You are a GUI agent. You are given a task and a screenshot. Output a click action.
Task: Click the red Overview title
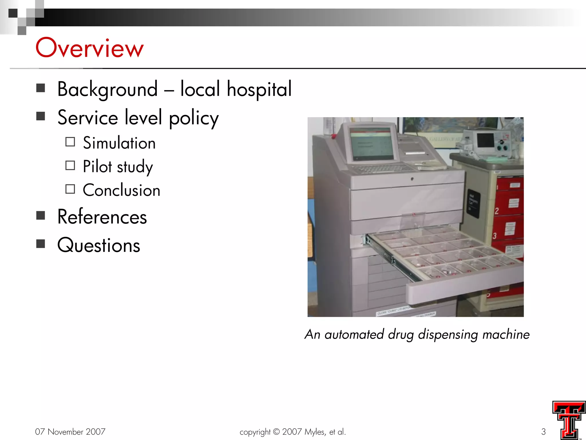[89, 48]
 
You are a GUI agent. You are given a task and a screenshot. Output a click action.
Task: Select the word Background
[107, 89]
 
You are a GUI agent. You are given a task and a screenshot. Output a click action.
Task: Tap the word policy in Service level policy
[194, 118]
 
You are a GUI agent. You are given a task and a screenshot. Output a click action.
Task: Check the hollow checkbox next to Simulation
[70, 142]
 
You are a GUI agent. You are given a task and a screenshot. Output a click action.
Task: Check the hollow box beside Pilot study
[70, 166]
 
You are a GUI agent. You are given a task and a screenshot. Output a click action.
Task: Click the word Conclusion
[121, 190]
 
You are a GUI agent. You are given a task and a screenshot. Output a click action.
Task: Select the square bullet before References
[41, 215]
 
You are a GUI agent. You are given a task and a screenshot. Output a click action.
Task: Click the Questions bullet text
[99, 245]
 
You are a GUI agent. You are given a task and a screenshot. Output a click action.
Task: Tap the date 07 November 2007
[70, 431]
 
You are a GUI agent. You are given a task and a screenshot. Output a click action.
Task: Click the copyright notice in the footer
[293, 431]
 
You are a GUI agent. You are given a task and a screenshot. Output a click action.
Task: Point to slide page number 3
[543, 431]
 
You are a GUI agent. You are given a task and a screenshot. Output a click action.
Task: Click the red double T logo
[569, 420]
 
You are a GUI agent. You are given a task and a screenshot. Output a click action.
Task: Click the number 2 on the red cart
[496, 211]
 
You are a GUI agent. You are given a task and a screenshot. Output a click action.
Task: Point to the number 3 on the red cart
[494, 236]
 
